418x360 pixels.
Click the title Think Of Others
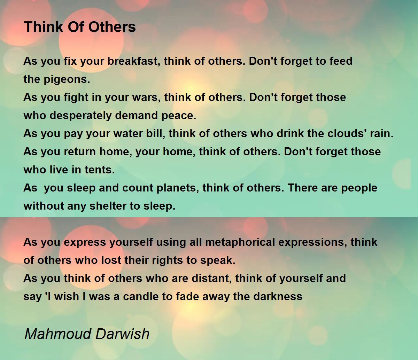(80, 27)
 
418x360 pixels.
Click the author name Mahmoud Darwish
(87, 334)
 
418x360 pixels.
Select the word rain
(381, 134)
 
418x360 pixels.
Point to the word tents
(101, 170)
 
